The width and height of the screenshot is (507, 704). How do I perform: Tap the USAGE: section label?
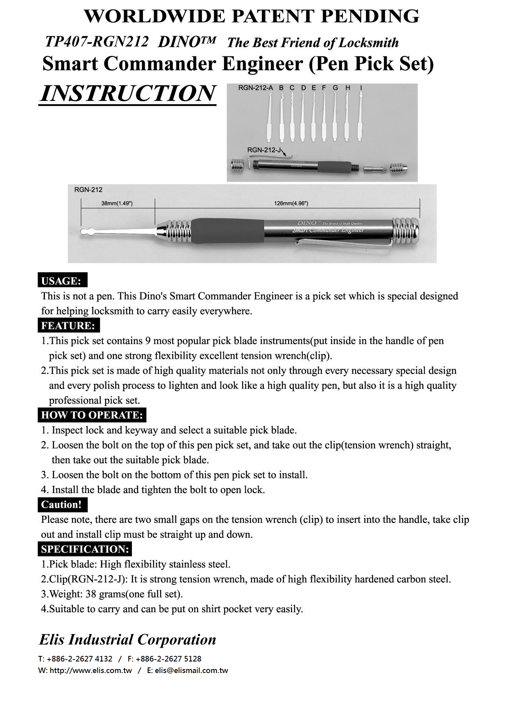[x=61, y=281]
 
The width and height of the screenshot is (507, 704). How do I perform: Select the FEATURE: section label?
[x=68, y=326]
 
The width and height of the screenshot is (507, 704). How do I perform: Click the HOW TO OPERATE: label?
[x=92, y=415]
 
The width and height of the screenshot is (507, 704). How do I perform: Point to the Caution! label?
[x=61, y=505]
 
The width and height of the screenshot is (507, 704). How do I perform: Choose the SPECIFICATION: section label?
[x=85, y=549]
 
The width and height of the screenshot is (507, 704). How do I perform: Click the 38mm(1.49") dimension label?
[x=117, y=203]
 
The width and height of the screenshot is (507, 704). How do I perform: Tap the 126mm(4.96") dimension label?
[x=291, y=203]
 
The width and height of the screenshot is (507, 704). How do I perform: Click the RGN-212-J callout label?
[x=264, y=150]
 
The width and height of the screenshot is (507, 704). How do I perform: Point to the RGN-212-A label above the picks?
[x=255, y=88]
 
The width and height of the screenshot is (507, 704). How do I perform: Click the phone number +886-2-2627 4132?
[x=79, y=659]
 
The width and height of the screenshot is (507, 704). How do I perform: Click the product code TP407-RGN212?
[x=97, y=41]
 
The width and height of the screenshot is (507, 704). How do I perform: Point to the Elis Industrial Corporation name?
[x=128, y=639]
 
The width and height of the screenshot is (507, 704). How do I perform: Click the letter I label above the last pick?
[x=361, y=88]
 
